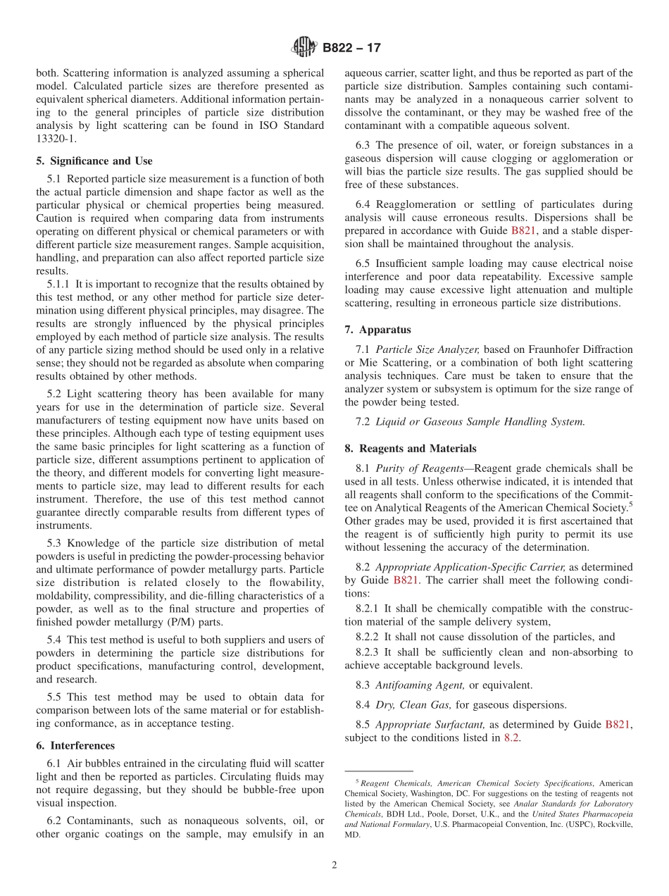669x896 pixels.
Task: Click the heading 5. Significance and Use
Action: tap(94, 161)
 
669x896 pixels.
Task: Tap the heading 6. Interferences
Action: tap(75, 745)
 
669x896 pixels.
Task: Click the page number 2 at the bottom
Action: tap(334, 866)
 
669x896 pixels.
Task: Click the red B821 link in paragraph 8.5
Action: tap(620, 724)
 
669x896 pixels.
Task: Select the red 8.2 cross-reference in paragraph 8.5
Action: tap(511, 738)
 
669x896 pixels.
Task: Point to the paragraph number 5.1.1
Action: tap(60, 284)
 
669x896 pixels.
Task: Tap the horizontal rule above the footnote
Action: tap(378, 771)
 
